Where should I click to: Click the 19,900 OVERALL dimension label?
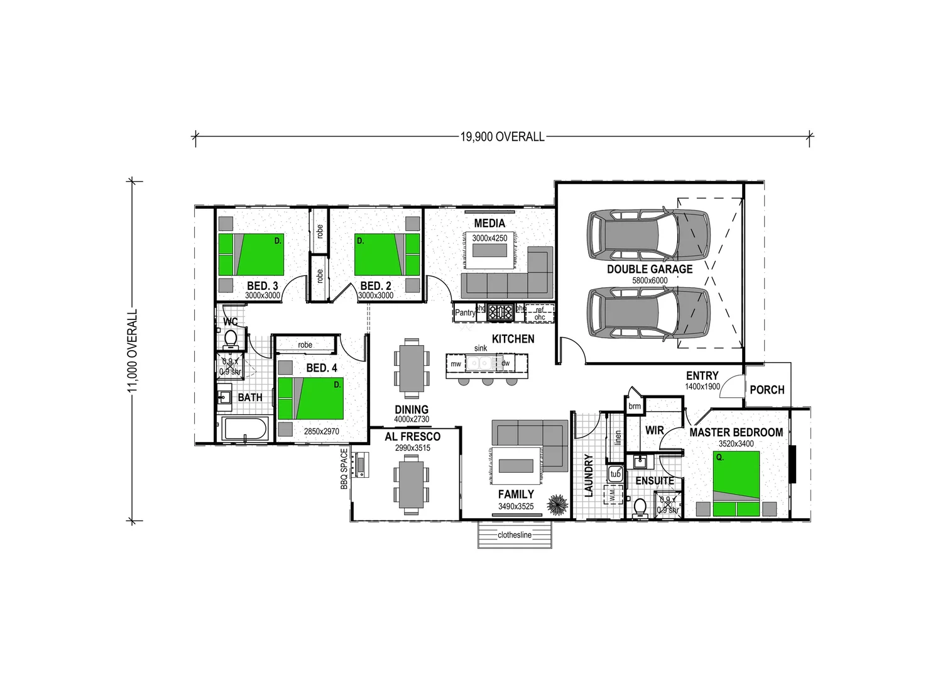pyautogui.click(x=502, y=136)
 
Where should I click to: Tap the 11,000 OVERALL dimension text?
pyautogui.click(x=133, y=351)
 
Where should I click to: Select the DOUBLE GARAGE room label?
pyautogui.click(x=649, y=269)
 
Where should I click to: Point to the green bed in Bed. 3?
pyautogui.click(x=251, y=255)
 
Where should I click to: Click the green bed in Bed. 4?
pyautogui.click(x=310, y=399)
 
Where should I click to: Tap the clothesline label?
pyautogui.click(x=514, y=535)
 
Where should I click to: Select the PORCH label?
pyautogui.click(x=767, y=390)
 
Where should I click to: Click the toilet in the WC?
pyautogui.click(x=231, y=339)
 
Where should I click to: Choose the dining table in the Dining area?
pyautogui.click(x=412, y=368)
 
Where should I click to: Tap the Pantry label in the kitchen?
pyautogui.click(x=465, y=312)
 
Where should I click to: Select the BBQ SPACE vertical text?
pyautogui.click(x=344, y=469)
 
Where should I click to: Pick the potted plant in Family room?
pyautogui.click(x=557, y=504)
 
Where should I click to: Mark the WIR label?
pyautogui.click(x=654, y=431)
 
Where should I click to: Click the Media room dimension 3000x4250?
pyautogui.click(x=489, y=238)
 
